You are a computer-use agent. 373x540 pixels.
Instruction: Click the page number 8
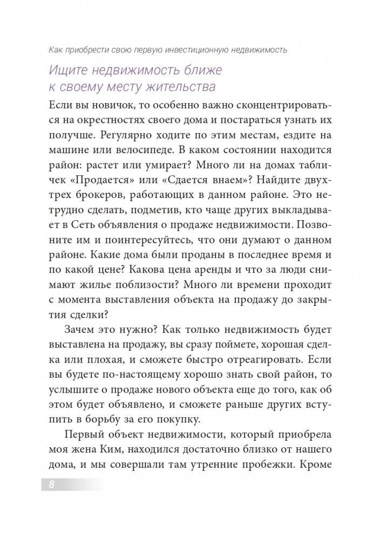tap(51, 484)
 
